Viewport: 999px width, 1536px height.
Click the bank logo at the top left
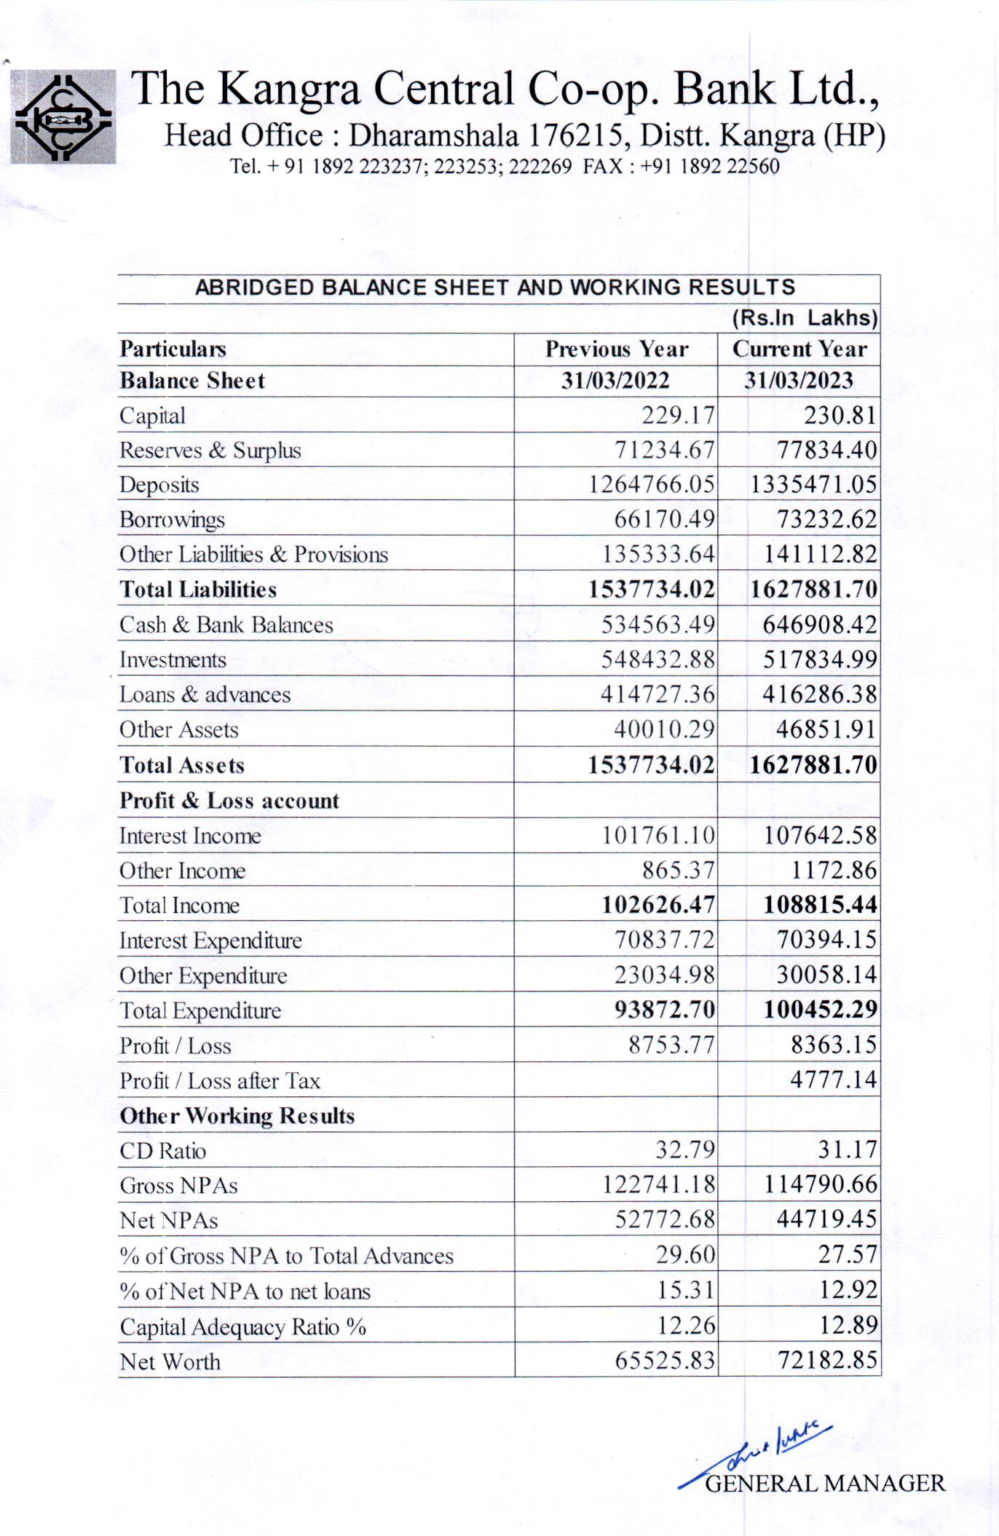63,116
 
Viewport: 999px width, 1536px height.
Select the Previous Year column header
617,349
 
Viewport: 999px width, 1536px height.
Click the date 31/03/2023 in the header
798,381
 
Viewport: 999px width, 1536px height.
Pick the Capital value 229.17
678,415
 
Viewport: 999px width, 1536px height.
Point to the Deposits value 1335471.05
813,485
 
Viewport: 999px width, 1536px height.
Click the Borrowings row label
172,520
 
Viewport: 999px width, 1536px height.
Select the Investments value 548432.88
658,660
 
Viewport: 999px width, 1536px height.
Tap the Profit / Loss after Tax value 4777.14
834,1080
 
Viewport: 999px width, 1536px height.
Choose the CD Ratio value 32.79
685,1150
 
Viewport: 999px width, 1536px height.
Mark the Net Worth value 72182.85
827,1360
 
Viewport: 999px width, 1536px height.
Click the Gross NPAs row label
178,1186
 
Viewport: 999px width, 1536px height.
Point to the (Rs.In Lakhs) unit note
805,318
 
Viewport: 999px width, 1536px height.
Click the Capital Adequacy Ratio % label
242,1327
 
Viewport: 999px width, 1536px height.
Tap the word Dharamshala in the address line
433,135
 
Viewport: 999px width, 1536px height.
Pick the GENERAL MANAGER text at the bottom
825,1484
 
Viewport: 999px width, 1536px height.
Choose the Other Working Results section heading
237,1116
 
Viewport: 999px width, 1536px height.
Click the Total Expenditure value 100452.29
820,1010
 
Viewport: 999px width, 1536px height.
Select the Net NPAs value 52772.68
665,1219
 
